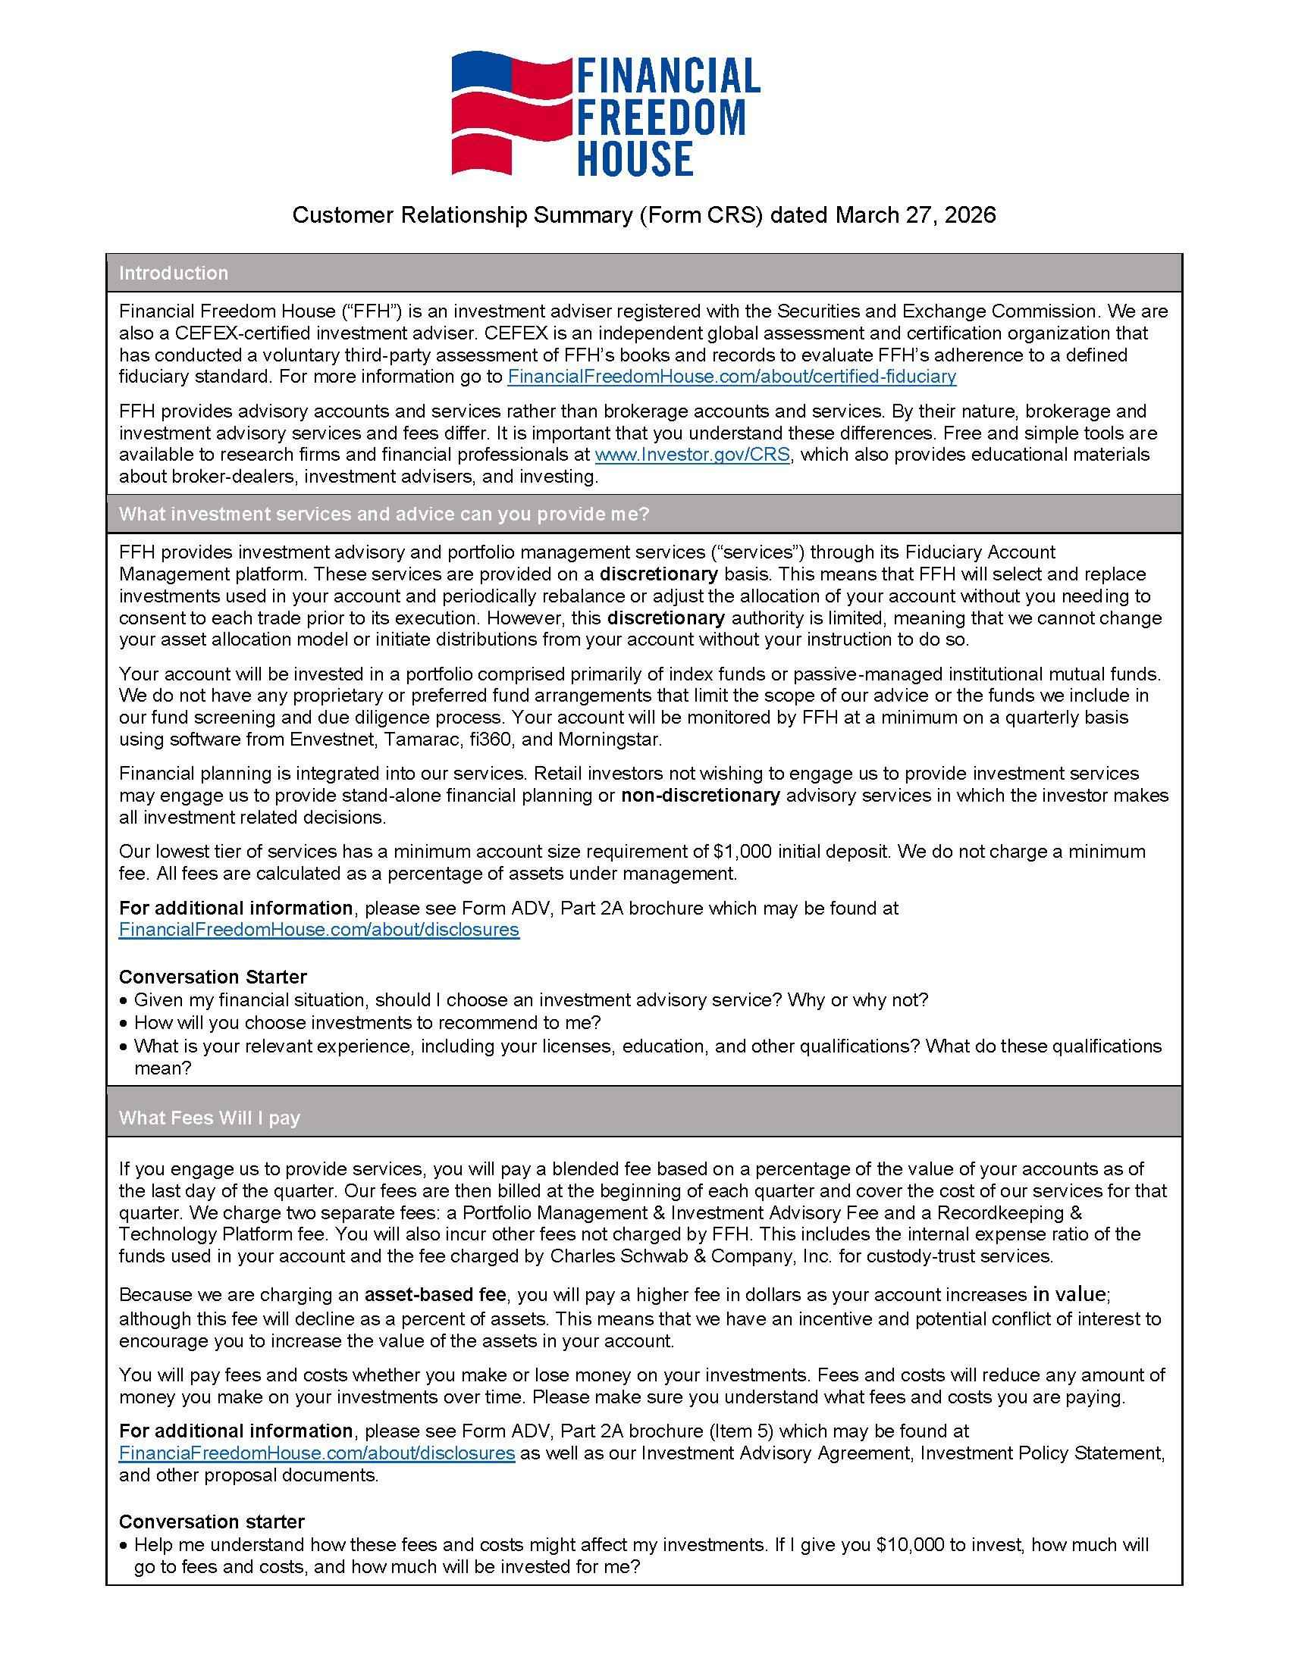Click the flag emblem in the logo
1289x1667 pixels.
(x=511, y=113)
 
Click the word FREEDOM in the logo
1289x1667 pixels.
(x=661, y=117)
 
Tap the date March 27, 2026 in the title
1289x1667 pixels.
(x=915, y=215)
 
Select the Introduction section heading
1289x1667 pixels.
(x=174, y=274)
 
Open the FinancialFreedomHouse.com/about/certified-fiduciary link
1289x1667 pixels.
(x=731, y=377)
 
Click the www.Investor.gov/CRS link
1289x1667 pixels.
(x=692, y=455)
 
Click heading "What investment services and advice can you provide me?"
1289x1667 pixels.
(x=384, y=514)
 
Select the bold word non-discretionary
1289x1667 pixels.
(x=700, y=796)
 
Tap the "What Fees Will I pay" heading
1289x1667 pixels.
(x=209, y=1118)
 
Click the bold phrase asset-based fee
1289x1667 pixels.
(x=434, y=1294)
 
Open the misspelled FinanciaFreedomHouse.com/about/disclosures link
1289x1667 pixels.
(x=317, y=1453)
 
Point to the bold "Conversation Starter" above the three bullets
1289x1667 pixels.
(x=212, y=977)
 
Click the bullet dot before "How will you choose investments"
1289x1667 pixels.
(x=124, y=1023)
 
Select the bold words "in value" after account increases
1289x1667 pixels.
(x=1069, y=1294)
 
